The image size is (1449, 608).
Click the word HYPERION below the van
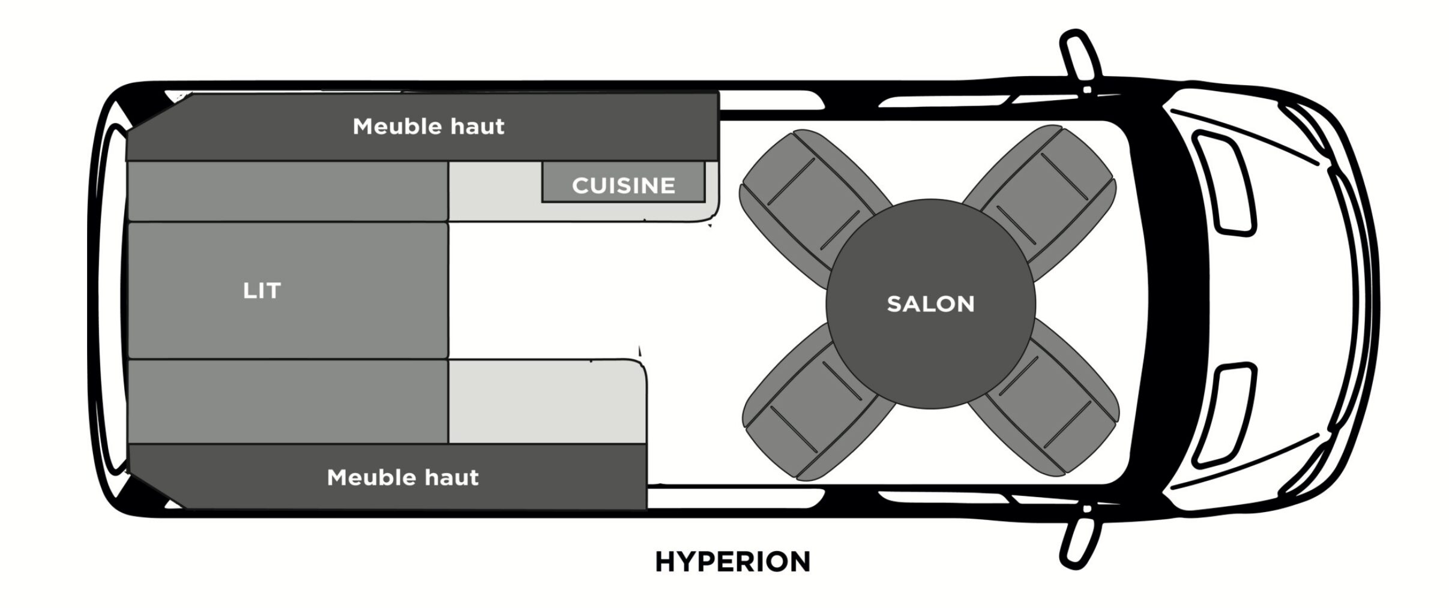pyautogui.click(x=732, y=562)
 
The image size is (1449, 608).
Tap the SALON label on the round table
pyautogui.click(x=930, y=304)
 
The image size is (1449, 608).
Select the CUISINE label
pyautogui.click(x=623, y=186)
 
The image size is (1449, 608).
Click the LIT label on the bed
pyautogui.click(x=262, y=291)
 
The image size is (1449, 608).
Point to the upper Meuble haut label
pyautogui.click(x=429, y=127)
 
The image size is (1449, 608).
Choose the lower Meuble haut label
pyautogui.click(x=403, y=478)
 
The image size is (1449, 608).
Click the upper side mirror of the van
pyautogui.click(x=1080, y=60)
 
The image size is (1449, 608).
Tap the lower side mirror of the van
pyautogui.click(x=1080, y=543)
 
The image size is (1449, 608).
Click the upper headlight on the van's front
pyautogui.click(x=1225, y=180)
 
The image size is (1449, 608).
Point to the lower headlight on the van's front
pyautogui.click(x=1225, y=414)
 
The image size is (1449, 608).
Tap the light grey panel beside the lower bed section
pyautogui.click(x=546, y=402)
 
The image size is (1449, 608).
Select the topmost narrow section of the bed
pyautogui.click(x=288, y=191)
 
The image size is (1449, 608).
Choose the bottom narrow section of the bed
pyautogui.click(x=288, y=402)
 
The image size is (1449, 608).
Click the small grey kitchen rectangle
pyautogui.click(x=623, y=181)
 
